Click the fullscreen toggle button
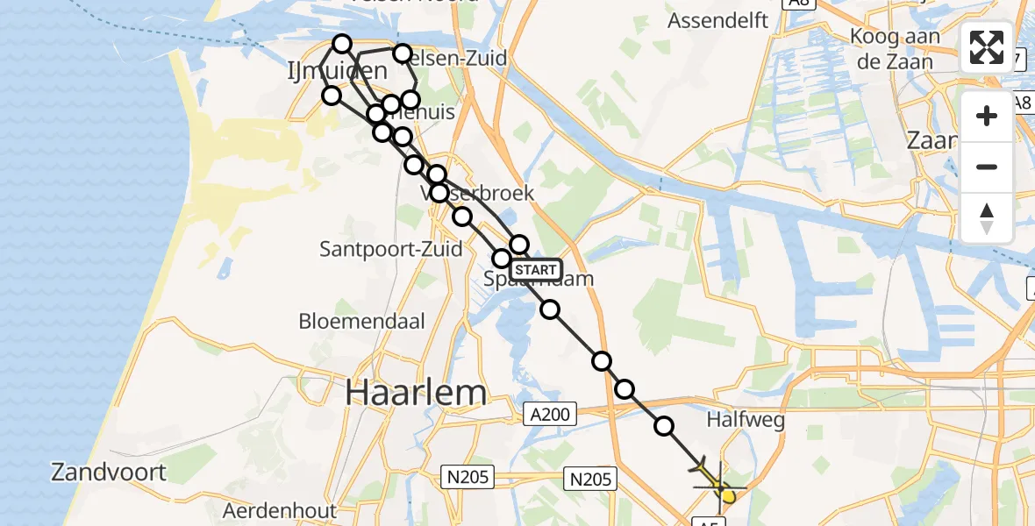tap(987, 47)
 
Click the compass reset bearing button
tap(987, 218)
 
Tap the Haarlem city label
tap(416, 393)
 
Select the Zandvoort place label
tap(109, 473)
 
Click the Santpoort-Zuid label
tap(390, 249)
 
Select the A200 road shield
tap(550, 413)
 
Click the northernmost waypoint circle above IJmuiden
tap(342, 44)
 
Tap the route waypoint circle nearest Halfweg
tap(665, 427)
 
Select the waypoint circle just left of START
tap(502, 259)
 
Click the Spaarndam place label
tap(539, 280)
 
